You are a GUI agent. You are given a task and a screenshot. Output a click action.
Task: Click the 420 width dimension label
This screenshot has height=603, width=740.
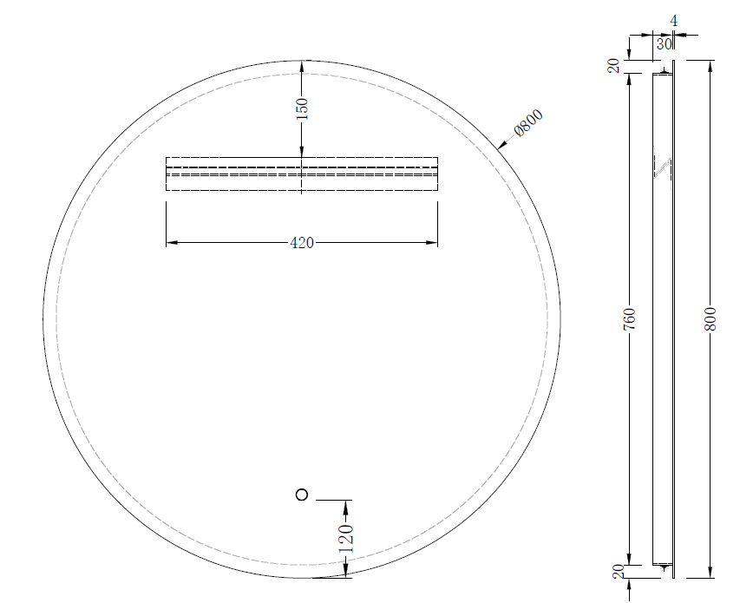(301, 243)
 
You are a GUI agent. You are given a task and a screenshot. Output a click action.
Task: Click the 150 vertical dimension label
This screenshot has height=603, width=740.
(302, 109)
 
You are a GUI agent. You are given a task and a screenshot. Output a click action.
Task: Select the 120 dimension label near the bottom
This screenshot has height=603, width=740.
(346, 538)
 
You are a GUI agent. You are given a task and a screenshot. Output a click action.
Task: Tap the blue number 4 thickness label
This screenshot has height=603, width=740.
(673, 20)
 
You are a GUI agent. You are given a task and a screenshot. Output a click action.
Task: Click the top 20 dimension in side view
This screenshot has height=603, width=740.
(614, 66)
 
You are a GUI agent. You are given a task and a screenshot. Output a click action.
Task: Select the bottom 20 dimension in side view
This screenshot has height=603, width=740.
(617, 571)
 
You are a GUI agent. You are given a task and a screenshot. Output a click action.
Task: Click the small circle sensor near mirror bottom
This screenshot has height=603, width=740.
(302, 495)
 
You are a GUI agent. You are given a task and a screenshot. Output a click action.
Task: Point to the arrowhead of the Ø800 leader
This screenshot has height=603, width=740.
(501, 146)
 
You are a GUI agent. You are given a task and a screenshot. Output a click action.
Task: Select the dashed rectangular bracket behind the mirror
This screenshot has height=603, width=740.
(301, 173)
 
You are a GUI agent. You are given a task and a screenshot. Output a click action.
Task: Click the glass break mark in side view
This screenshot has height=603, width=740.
(664, 167)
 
